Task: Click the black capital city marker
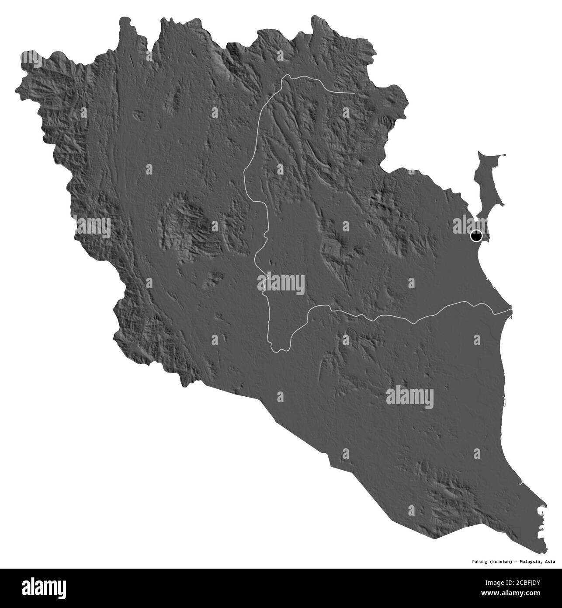(476, 237)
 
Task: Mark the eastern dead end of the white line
(354, 93)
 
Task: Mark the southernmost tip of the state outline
(545, 547)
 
